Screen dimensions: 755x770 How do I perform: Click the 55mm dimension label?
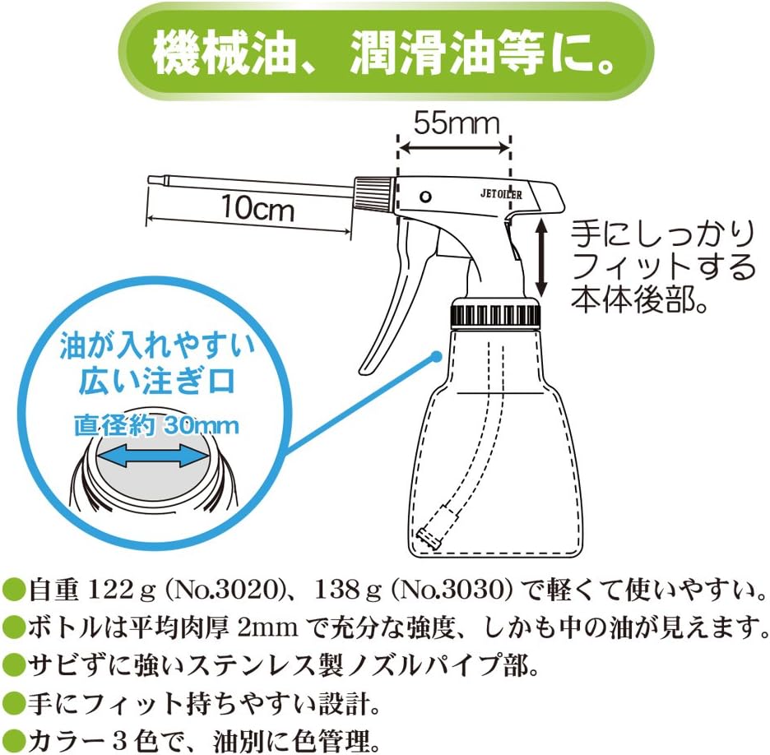[456, 123]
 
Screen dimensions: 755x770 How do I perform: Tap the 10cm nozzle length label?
[257, 209]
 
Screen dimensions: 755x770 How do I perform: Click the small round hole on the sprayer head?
[425, 197]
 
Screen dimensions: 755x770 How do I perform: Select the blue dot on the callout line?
[436, 356]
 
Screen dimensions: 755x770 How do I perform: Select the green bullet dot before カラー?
[12, 738]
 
